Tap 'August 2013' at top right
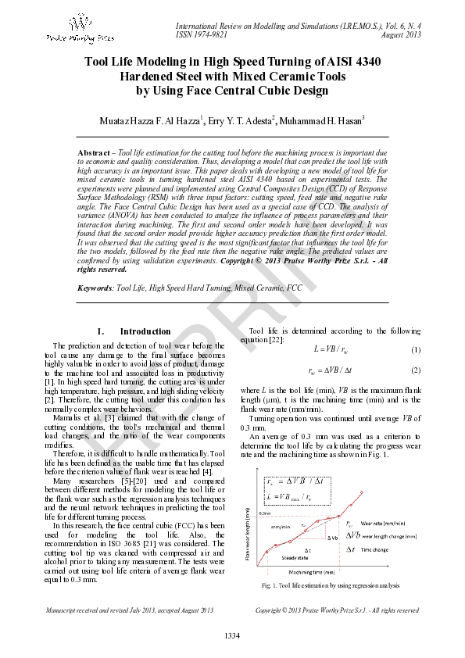pos(401,34)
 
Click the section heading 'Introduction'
pos(145,331)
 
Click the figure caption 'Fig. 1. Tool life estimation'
pos(331,585)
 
